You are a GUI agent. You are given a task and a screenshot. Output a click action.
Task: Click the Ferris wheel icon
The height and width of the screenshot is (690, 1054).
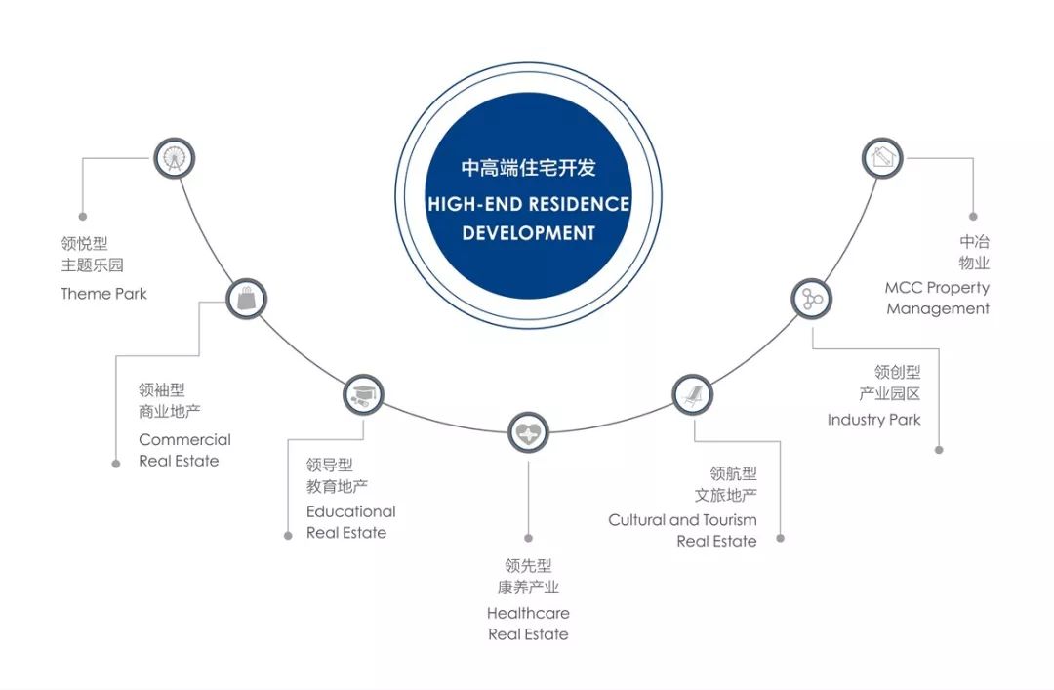coord(175,158)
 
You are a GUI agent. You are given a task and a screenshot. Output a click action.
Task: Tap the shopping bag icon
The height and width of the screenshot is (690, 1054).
coord(246,299)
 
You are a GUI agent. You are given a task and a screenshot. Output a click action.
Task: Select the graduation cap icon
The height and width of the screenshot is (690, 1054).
coord(363,394)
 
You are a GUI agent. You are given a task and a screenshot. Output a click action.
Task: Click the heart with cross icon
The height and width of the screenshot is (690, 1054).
coord(528,432)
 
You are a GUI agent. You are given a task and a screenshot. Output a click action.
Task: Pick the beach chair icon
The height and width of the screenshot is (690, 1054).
coord(692,394)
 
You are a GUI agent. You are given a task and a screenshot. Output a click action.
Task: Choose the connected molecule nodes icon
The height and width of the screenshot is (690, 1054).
coord(812,299)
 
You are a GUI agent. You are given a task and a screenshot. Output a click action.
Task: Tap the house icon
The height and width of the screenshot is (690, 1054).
coord(882,158)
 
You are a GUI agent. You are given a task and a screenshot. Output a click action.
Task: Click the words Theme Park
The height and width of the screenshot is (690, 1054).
coord(103,293)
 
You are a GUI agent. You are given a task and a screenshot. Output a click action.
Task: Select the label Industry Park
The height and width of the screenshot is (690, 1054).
coord(873,420)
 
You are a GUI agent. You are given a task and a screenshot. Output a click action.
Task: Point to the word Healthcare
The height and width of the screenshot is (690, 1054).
coord(528,613)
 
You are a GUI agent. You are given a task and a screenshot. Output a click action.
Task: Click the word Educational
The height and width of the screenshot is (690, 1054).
coord(351,511)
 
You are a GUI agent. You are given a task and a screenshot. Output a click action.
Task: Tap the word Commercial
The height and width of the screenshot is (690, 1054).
coord(184,439)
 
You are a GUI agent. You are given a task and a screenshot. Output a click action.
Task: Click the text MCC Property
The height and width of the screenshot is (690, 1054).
coord(937,288)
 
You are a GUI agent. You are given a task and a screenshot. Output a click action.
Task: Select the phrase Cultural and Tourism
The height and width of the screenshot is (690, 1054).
coord(682,520)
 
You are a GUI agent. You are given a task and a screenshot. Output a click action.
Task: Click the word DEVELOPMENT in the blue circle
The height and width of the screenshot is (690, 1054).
coord(528,232)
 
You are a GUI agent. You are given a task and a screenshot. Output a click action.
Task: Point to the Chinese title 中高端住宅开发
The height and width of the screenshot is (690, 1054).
coord(528,168)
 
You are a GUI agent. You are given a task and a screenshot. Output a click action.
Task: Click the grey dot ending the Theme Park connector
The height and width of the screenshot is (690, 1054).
coord(83,217)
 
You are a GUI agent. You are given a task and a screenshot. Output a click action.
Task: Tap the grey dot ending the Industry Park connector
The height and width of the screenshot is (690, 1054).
coord(939,450)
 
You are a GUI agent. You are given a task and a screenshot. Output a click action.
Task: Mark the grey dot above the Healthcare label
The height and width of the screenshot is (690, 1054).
coord(528,538)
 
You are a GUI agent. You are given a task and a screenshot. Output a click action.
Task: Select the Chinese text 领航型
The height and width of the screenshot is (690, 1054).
coord(733,473)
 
